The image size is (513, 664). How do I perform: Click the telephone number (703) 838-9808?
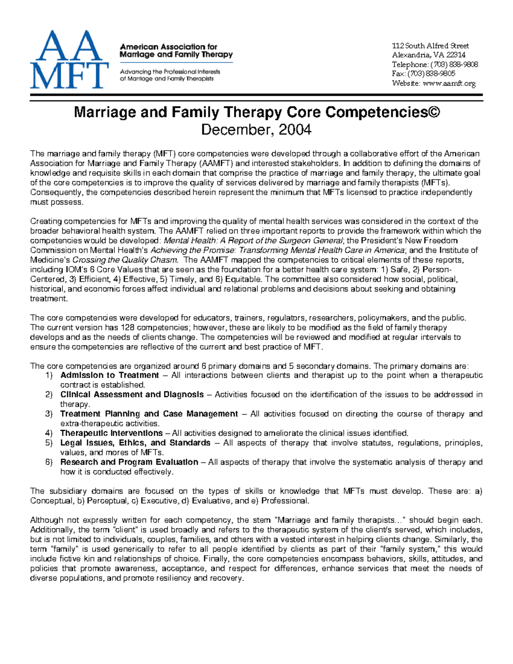click(454, 65)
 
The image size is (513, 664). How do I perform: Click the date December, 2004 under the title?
click(256, 129)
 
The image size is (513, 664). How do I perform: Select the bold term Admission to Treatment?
click(109, 375)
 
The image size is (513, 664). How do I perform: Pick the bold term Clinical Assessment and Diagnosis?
click(132, 395)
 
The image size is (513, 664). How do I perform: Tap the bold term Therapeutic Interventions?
click(111, 433)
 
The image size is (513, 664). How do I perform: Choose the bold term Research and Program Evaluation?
click(129, 462)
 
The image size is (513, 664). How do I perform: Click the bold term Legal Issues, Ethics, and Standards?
click(135, 443)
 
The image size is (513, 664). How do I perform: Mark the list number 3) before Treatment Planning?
click(49, 414)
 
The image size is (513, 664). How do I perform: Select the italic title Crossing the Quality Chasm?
click(125, 260)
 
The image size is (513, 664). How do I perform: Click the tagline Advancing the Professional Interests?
click(170, 71)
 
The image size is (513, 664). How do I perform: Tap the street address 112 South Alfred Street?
click(430, 46)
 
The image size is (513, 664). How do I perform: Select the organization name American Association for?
click(168, 47)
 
